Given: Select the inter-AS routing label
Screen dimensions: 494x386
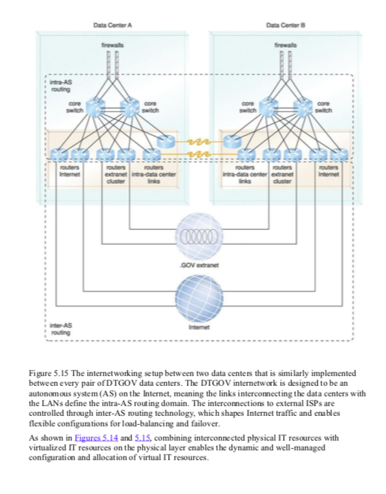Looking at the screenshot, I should coord(60,330).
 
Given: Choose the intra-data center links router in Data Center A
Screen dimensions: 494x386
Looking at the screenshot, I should coord(165,141).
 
